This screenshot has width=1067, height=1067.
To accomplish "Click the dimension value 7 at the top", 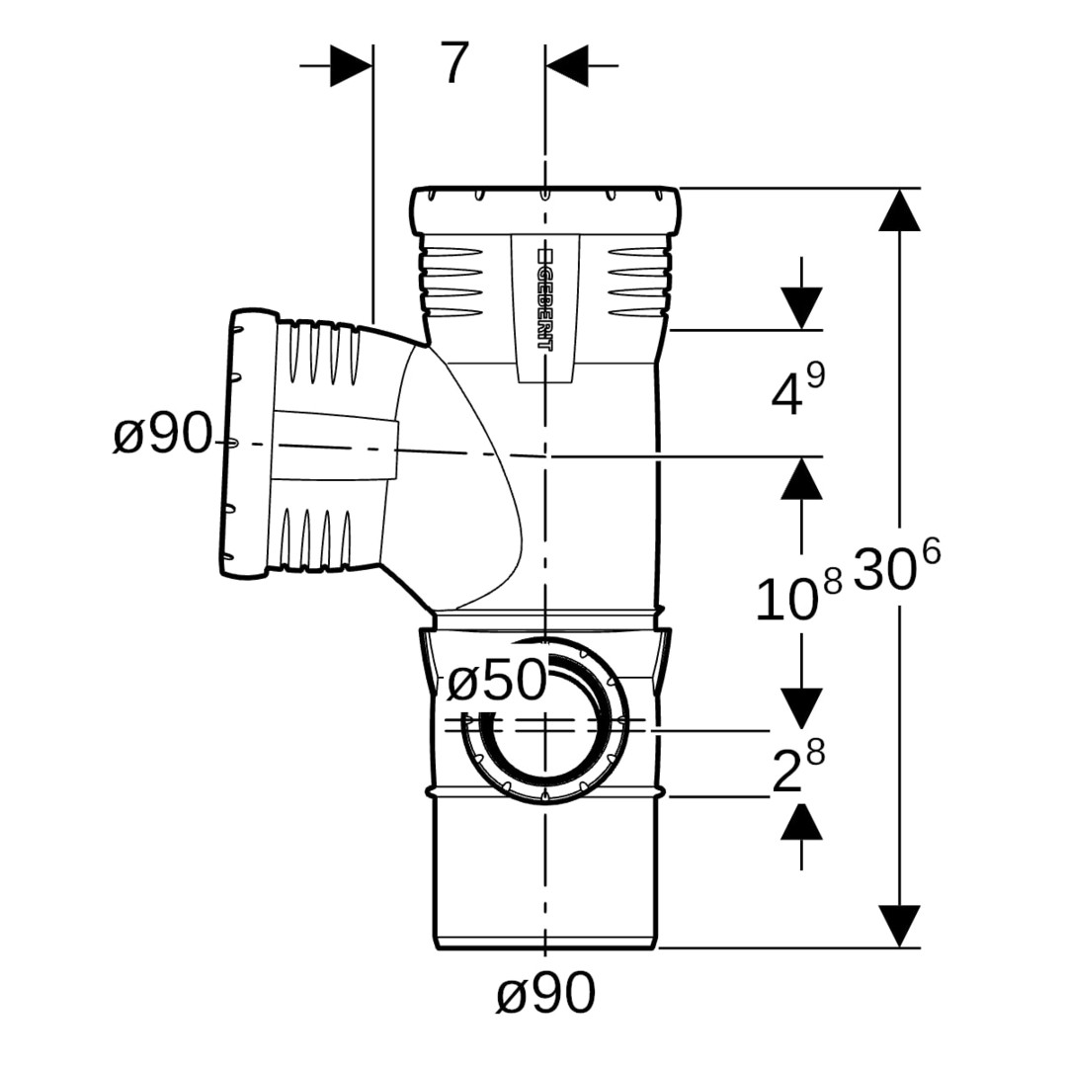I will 453,65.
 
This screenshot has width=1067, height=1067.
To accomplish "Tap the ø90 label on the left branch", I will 162,435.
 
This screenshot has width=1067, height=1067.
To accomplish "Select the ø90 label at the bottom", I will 545,993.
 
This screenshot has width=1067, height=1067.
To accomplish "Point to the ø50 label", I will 497,681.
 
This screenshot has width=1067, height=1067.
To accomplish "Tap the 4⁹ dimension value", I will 798,391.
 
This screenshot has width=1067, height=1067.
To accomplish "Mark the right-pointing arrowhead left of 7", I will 351,65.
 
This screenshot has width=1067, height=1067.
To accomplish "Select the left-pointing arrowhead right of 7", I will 567,65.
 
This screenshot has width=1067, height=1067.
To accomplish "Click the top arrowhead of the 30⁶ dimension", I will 899,209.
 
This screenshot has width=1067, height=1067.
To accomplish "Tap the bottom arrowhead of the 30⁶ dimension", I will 899,926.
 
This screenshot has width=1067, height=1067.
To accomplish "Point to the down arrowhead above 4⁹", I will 801,307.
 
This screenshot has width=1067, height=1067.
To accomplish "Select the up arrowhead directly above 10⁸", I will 801,479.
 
